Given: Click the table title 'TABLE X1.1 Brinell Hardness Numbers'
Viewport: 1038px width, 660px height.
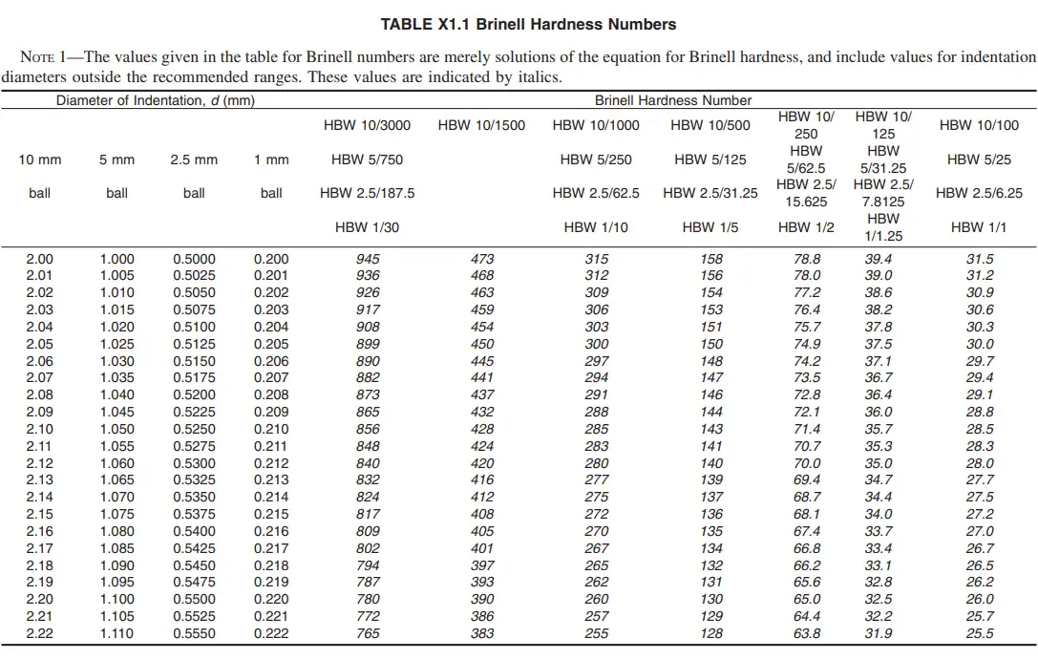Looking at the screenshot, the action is [528, 24].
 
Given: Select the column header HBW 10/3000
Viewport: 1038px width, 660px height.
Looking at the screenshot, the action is [368, 125].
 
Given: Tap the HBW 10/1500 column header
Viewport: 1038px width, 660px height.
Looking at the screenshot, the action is [481, 125].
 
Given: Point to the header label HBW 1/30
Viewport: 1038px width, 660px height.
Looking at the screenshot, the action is [368, 227].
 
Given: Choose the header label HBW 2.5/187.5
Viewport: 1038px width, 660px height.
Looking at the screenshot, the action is [368, 193].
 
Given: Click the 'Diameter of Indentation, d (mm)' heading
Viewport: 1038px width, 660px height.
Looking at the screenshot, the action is [155, 100].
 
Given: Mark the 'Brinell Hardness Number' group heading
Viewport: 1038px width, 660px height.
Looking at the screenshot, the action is [673, 100].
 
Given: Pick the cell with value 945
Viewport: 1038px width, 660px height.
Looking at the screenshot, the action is [368, 259].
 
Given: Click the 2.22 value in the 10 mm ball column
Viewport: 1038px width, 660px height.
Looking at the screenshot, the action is [40, 634].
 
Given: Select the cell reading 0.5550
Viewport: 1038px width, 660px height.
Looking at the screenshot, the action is [194, 634].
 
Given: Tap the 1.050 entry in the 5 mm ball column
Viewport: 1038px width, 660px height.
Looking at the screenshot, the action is [117, 430].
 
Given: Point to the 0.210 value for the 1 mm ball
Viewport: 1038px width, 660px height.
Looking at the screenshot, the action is [271, 430].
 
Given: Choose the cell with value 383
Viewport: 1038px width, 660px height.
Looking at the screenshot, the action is [482, 634].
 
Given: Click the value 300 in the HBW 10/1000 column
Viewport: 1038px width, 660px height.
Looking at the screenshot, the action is [596, 345].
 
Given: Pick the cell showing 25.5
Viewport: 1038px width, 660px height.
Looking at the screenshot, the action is [979, 634].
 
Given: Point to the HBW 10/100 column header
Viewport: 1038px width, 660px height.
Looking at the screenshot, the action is [979, 125].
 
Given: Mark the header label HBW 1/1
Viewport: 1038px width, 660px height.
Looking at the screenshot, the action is [979, 227].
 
